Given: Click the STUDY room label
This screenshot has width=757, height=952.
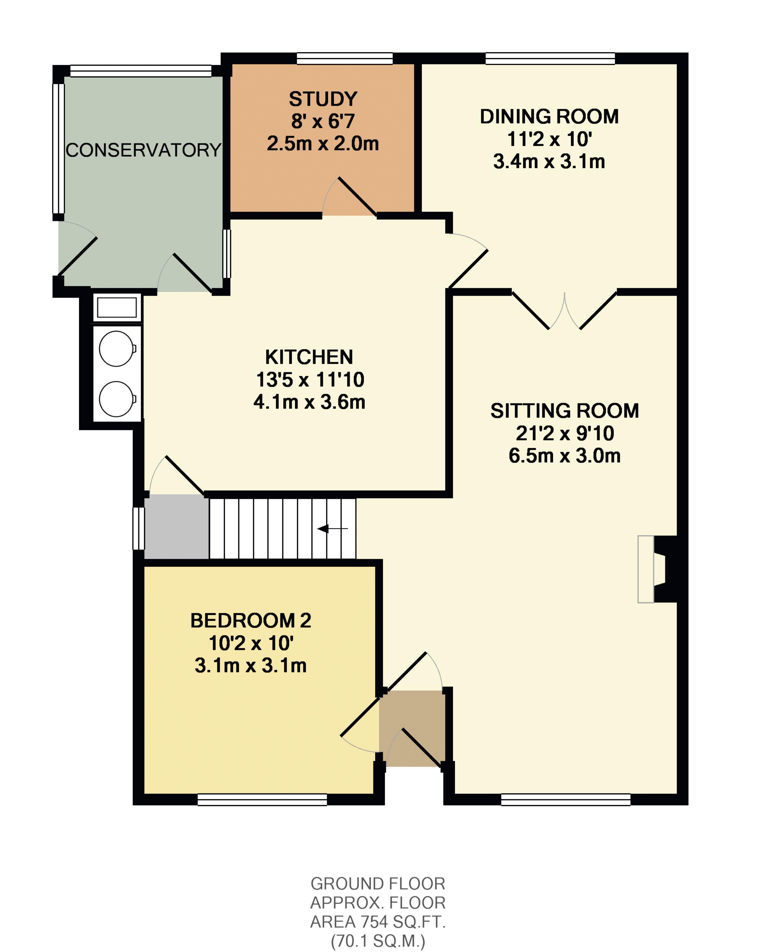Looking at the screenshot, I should [x=323, y=99].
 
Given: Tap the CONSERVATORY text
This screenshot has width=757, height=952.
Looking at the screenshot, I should [x=143, y=150].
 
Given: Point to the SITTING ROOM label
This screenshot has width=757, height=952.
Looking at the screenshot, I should [x=564, y=411].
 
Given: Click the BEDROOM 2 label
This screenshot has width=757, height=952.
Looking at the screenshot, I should [x=250, y=620].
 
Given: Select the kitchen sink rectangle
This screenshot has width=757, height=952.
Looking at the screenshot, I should [x=116, y=307].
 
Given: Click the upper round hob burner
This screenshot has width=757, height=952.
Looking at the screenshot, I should [x=116, y=349].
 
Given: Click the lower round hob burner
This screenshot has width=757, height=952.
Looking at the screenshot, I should [x=116, y=399].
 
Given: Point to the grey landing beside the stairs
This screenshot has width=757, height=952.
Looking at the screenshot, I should [x=177, y=526].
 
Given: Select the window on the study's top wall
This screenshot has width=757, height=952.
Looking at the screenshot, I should [x=344, y=58].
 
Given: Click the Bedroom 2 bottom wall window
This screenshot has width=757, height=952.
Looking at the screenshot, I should [x=262, y=800].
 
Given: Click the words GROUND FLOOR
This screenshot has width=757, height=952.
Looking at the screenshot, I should [x=378, y=883].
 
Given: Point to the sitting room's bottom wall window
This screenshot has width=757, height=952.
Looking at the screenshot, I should [x=565, y=800].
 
